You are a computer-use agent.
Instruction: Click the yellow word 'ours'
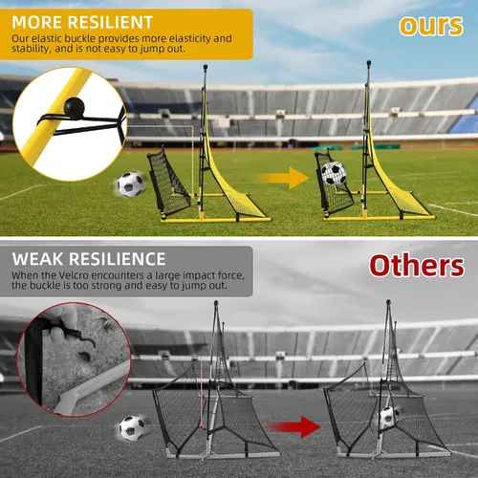pyautogui.click(x=431, y=26)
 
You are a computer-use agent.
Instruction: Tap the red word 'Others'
pyautogui.click(x=417, y=266)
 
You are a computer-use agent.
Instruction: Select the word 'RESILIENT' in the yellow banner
pyautogui.click(x=111, y=23)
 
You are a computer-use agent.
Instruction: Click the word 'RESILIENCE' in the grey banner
pyautogui.click(x=118, y=259)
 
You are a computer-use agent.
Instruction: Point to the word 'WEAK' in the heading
pyautogui.click(x=38, y=259)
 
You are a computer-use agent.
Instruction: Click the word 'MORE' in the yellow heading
pyautogui.click(x=37, y=23)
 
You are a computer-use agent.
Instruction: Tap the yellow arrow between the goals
pyautogui.click(x=284, y=178)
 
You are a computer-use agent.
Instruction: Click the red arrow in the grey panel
pyautogui.click(x=294, y=426)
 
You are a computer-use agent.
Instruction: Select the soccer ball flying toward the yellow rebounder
pyautogui.click(x=130, y=185)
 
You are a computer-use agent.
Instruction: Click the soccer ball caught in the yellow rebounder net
pyautogui.click(x=334, y=174)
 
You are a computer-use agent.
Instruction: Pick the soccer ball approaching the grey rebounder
pyautogui.click(x=132, y=428)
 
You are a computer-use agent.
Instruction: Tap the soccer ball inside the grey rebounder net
pyautogui.click(x=389, y=417)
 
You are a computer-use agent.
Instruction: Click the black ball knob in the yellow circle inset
pyautogui.click(x=75, y=107)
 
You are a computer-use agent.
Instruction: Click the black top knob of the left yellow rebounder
pyautogui.click(x=206, y=67)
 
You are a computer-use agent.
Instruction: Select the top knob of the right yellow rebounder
pyautogui.click(x=369, y=63)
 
